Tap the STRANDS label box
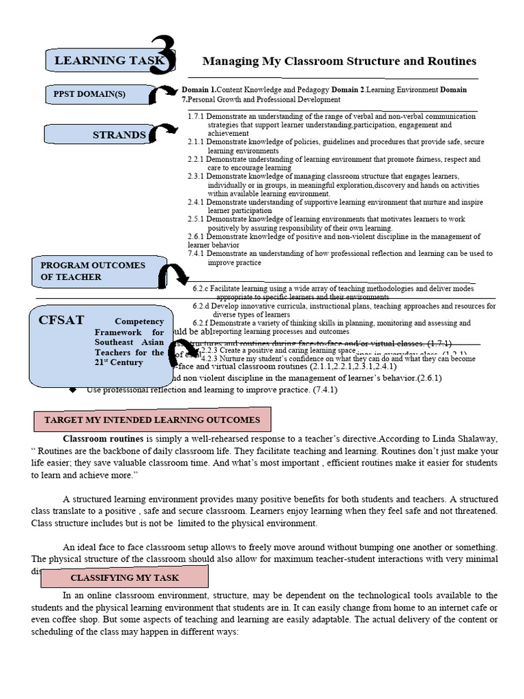pyautogui.click(x=102, y=135)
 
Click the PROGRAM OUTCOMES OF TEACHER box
pyautogui.click(x=96, y=271)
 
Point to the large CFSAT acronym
pyautogui.click(x=61, y=319)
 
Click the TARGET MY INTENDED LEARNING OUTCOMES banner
pyautogui.click(x=152, y=420)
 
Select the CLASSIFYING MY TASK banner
pyautogui.click(x=124, y=577)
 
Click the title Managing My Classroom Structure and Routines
pyautogui.click(x=330, y=61)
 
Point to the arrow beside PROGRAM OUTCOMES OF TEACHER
pyautogui.click(x=173, y=275)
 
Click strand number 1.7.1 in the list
pyautogui.click(x=196, y=117)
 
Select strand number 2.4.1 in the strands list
pyautogui.click(x=196, y=203)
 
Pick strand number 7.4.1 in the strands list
pyautogui.click(x=196, y=253)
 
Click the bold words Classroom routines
pyautogui.click(x=103, y=438)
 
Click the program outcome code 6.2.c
pyautogui.click(x=201, y=289)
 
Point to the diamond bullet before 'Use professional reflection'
pyautogui.click(x=73, y=390)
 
